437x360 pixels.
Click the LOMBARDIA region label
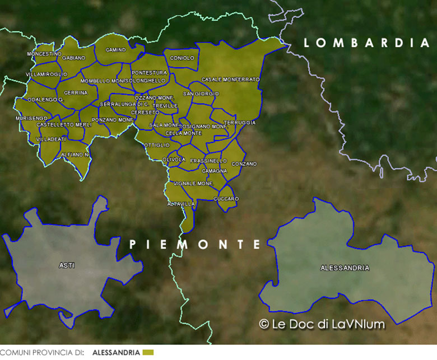(366, 43)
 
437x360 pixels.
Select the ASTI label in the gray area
(67, 265)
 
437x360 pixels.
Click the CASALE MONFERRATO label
(230, 80)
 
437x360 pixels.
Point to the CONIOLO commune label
(182, 58)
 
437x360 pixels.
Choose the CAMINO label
(115, 50)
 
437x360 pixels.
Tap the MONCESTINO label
(44, 54)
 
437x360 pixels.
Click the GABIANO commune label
(74, 58)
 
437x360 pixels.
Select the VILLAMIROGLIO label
(47, 74)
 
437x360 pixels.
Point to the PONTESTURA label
(149, 73)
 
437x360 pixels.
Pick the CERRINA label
(76, 92)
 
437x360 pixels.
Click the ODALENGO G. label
(46, 99)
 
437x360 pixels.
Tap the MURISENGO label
(31, 118)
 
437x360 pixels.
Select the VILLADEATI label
(50, 139)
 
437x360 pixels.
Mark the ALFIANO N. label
(75, 154)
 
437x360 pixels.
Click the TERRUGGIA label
(239, 122)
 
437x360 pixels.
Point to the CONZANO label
(244, 163)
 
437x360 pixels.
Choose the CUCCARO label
(226, 199)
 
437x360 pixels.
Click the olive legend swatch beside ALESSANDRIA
(148, 352)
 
